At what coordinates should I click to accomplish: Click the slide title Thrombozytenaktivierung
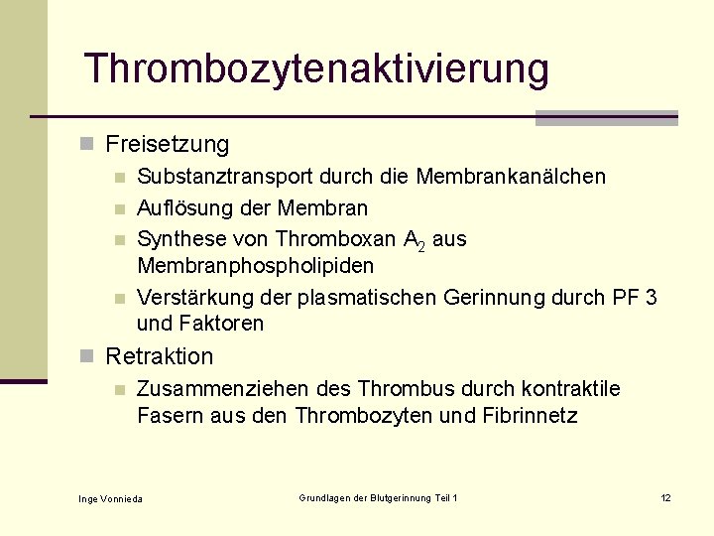pyautogui.click(x=315, y=69)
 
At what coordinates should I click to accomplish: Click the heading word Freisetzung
pyautogui.click(x=167, y=145)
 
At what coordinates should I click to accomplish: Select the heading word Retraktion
pyautogui.click(x=159, y=356)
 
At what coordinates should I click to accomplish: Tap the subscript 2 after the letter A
pyautogui.click(x=421, y=246)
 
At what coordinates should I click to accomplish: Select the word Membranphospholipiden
pyautogui.click(x=255, y=266)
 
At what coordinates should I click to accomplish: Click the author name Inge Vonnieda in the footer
pyautogui.click(x=110, y=498)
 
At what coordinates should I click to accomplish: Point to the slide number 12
pyautogui.click(x=665, y=497)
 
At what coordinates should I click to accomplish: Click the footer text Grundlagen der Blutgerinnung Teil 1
pyautogui.click(x=378, y=497)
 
